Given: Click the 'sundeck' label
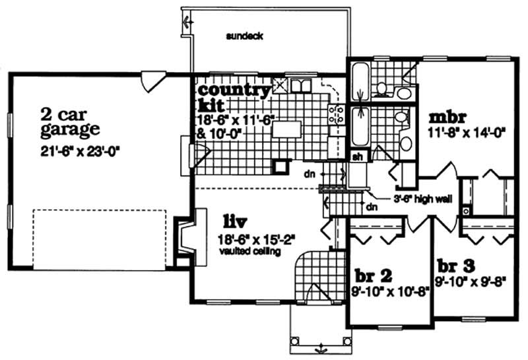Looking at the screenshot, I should coord(244,36).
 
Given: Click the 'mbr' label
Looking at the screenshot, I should coord(448,117).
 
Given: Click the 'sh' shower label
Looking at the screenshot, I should coord(357,157).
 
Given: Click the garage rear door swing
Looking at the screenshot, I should coord(152,81).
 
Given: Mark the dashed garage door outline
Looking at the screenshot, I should coord(99,238).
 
